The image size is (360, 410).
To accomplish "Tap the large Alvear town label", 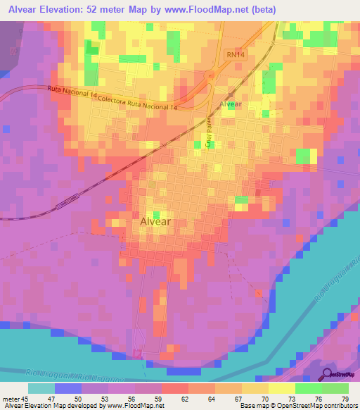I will (x=151, y=220).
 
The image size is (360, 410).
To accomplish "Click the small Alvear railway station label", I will (x=231, y=104).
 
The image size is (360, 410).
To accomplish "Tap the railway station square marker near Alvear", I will (x=231, y=94).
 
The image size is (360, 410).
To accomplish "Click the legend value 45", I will (x=25, y=398).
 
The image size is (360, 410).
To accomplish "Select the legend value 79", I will (x=344, y=398).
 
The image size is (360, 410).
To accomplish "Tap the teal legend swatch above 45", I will (x=41, y=388).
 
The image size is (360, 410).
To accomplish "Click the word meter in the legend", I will (x=10, y=398).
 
